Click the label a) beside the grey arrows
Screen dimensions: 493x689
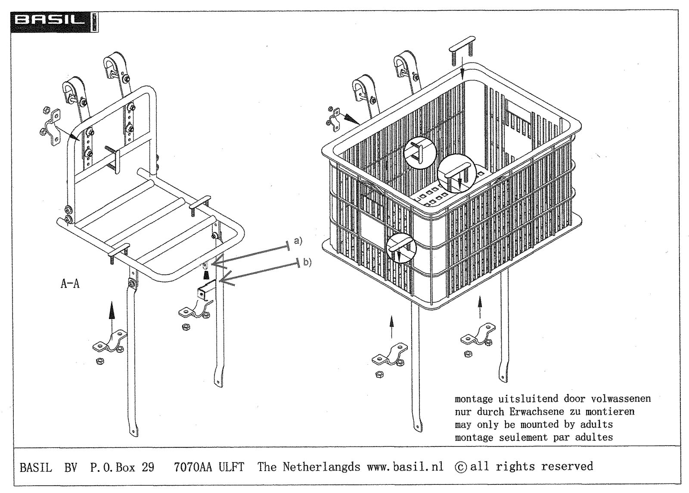[x=298, y=241]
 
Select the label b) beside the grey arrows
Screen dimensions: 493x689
[x=307, y=262]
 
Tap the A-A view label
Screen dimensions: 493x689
[x=70, y=284]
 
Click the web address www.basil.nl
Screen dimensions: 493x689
[x=405, y=466]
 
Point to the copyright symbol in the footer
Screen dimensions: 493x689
[x=460, y=467]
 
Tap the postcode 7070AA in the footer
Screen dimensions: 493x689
[x=193, y=467]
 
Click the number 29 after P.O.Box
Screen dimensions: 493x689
[x=148, y=467]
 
